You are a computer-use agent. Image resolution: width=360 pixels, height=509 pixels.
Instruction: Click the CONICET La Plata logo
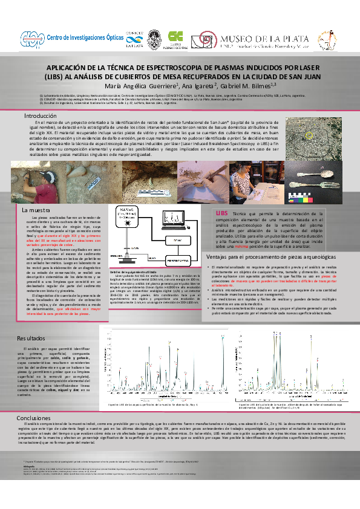tap(133, 37)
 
